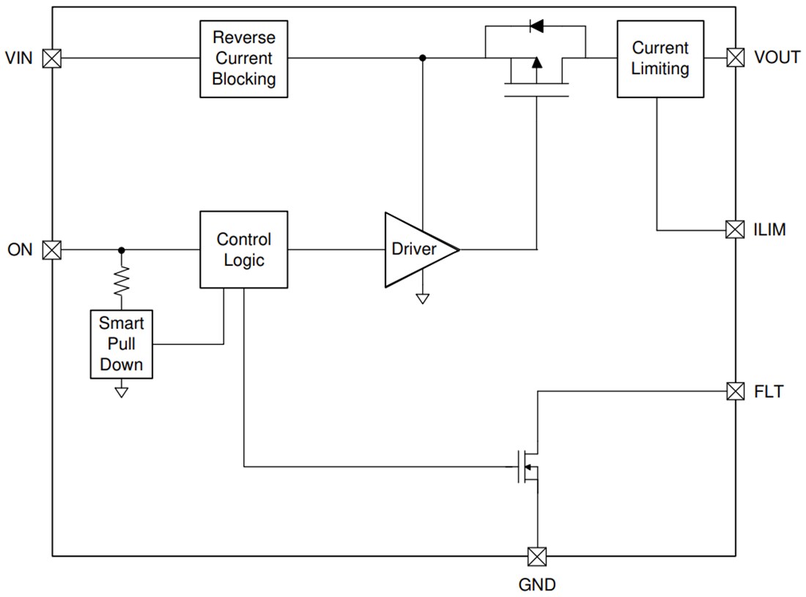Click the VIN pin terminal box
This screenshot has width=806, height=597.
coord(52,58)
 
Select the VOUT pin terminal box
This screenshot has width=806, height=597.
coord(735,58)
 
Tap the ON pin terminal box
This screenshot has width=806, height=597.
coord(52,250)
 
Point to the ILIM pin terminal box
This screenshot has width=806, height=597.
coord(735,230)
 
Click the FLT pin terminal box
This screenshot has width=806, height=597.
coord(735,391)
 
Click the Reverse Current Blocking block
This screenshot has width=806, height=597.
coord(243,59)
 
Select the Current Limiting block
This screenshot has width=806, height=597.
coord(659,59)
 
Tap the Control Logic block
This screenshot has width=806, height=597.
coord(243,250)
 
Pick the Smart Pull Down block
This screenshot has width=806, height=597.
coord(122,344)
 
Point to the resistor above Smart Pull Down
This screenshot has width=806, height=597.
coord(122,279)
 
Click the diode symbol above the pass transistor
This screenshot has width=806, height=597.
coord(536,27)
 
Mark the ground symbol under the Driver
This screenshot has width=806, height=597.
coord(422,298)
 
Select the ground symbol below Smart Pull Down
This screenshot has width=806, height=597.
coord(122,391)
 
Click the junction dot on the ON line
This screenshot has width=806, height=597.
coord(122,250)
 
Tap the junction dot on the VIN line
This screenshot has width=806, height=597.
coord(422,58)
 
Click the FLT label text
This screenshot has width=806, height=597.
coord(768,392)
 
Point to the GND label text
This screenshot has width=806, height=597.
coord(537,585)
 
